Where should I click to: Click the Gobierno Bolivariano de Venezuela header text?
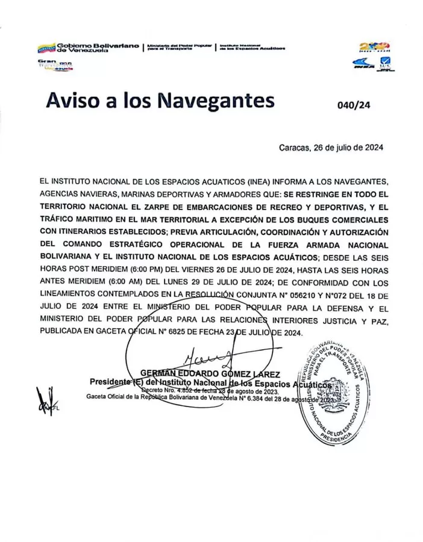point(98,47)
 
